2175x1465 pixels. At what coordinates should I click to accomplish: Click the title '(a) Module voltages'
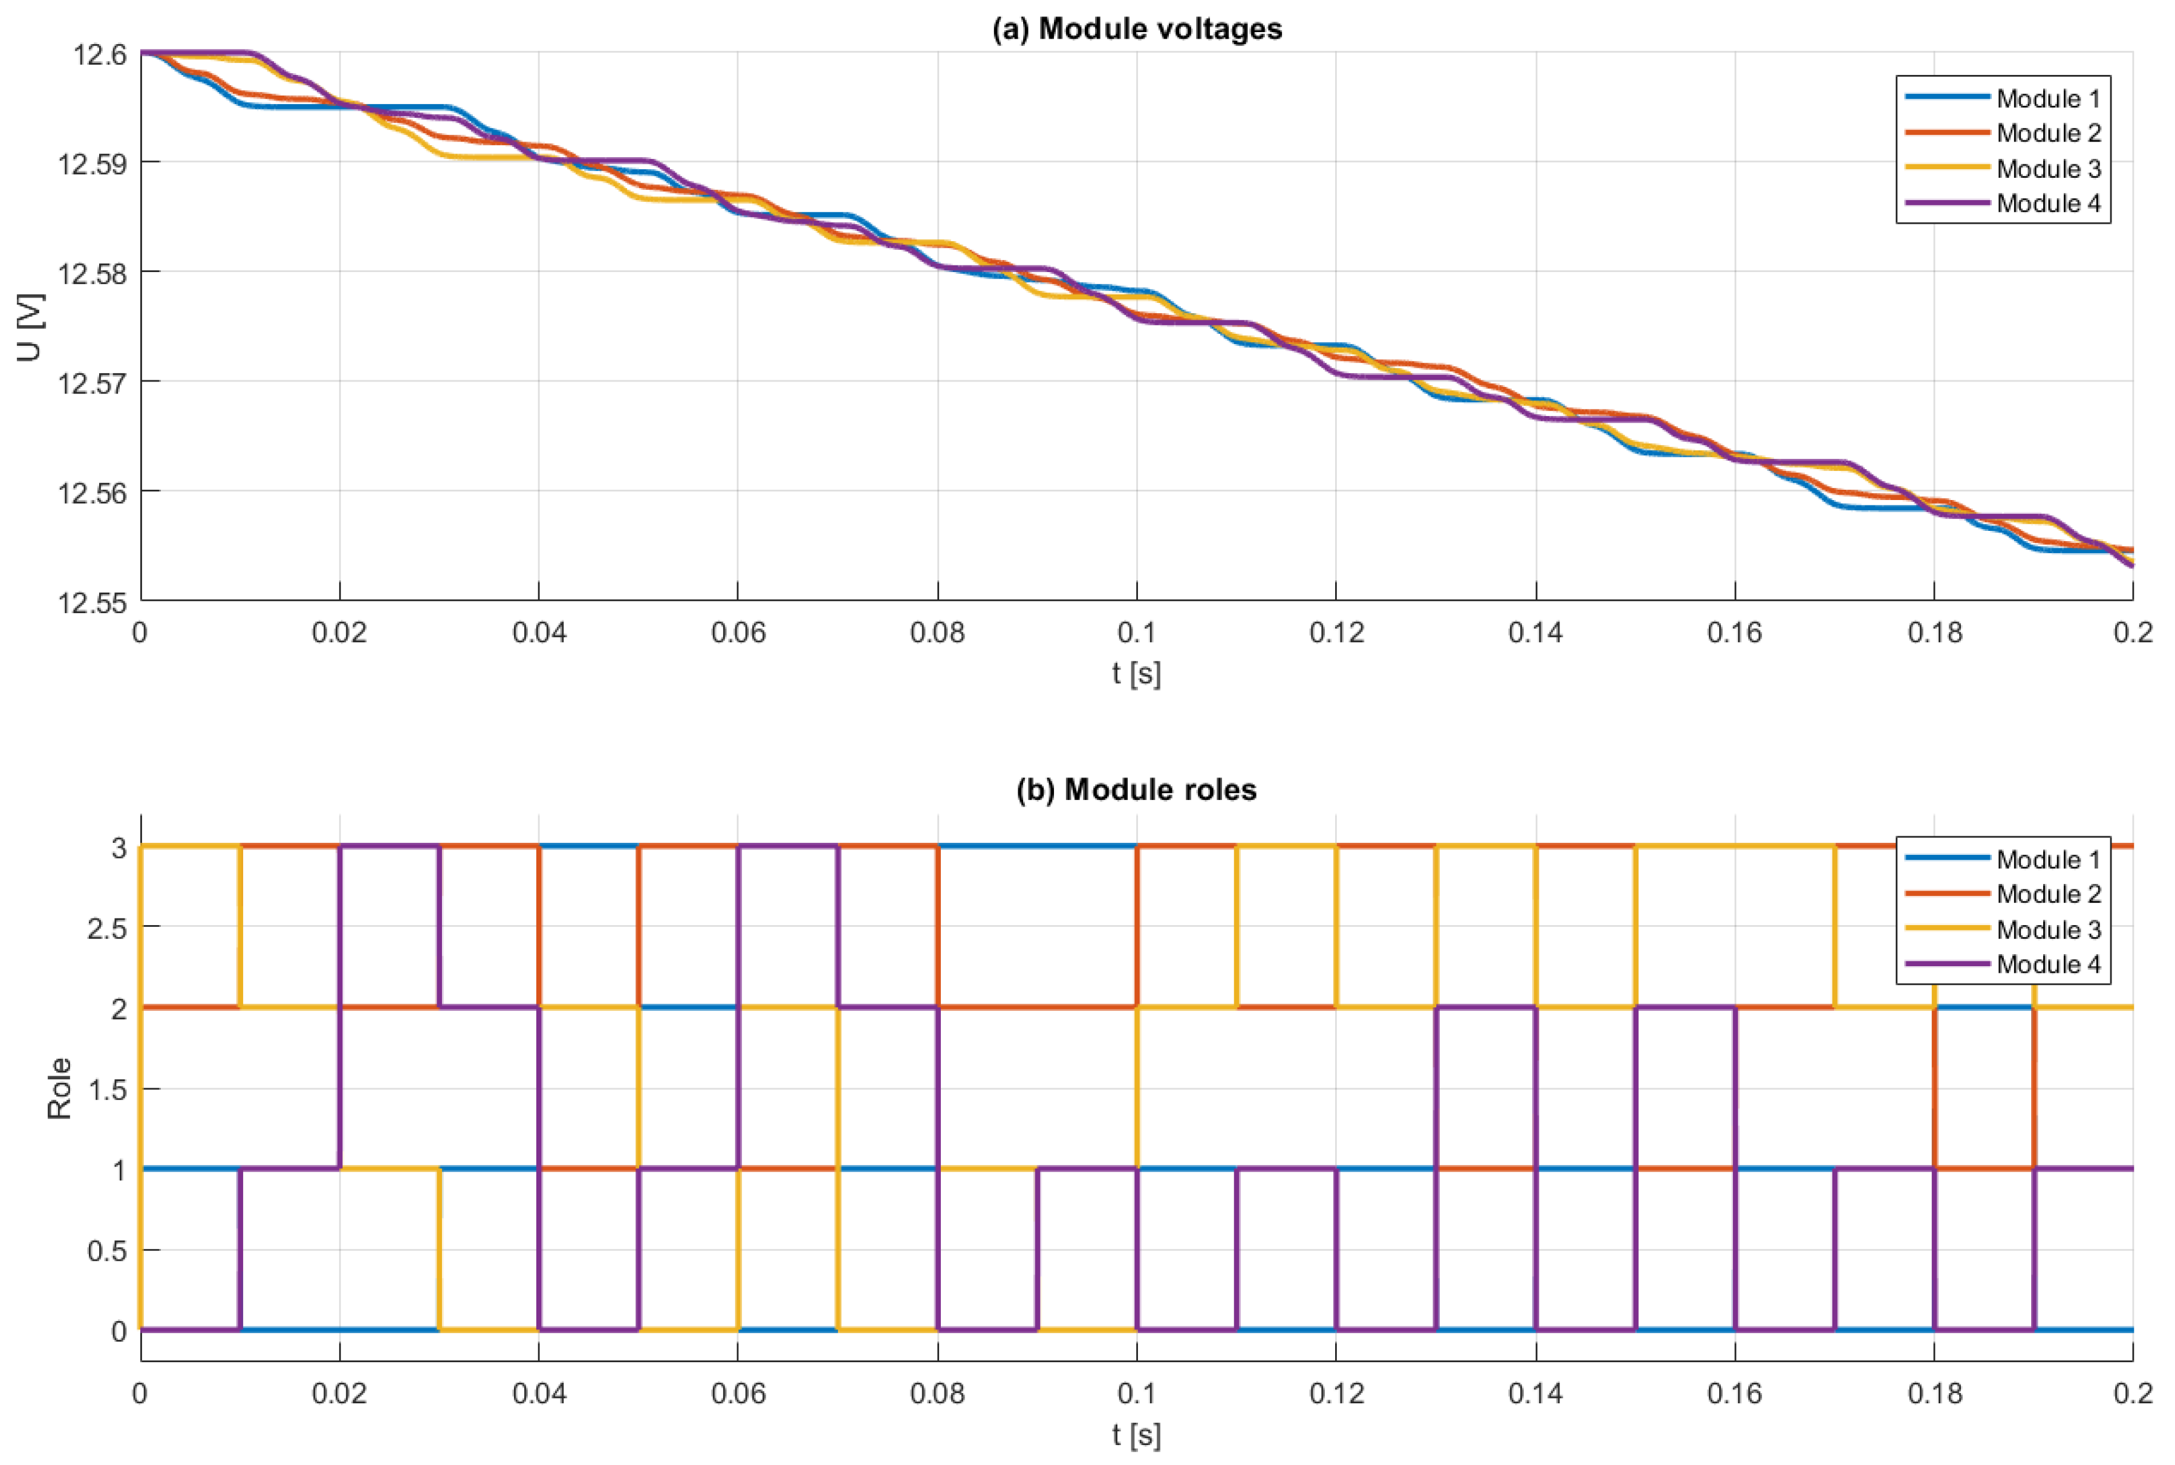(1136, 29)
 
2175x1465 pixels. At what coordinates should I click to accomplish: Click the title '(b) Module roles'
(1136, 790)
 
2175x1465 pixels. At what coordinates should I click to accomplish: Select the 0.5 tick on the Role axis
(106, 1251)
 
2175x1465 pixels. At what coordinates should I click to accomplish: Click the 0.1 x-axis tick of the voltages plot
(1136, 634)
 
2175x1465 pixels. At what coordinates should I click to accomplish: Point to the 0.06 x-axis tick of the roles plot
(737, 1394)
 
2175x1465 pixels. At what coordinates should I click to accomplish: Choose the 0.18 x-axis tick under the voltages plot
(1934, 634)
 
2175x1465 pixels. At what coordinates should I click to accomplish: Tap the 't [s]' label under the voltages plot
(1136, 674)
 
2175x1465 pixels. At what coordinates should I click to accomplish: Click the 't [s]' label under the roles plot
(1136, 1434)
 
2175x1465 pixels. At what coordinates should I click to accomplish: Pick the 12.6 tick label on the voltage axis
(99, 55)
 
